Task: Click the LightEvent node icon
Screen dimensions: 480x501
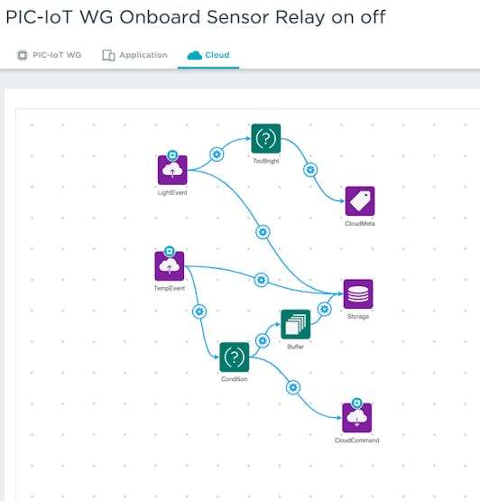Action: (172, 170)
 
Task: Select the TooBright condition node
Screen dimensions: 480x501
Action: (266, 139)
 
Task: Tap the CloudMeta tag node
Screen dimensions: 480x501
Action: (360, 201)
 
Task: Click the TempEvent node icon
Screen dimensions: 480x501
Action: (170, 265)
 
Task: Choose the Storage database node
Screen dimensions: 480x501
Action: (358, 294)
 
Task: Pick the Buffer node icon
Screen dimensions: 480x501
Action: (295, 324)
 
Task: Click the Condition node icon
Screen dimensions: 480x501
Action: (235, 357)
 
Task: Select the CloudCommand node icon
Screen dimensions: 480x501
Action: (357, 418)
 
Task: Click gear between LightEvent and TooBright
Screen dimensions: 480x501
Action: (217, 154)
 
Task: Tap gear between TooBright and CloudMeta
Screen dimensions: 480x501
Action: (310, 170)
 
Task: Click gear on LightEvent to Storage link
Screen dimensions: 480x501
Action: (263, 232)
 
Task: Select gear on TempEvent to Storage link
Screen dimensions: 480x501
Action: (262, 280)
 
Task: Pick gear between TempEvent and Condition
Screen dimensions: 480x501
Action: (199, 311)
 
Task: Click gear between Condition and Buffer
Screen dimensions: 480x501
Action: (263, 340)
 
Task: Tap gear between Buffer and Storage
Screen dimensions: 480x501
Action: (325, 310)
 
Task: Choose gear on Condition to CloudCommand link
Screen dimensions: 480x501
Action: (293, 387)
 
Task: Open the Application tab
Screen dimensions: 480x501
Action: (134, 55)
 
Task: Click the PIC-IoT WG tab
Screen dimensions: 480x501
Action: (50, 55)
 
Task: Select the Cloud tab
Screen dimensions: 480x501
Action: (208, 55)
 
